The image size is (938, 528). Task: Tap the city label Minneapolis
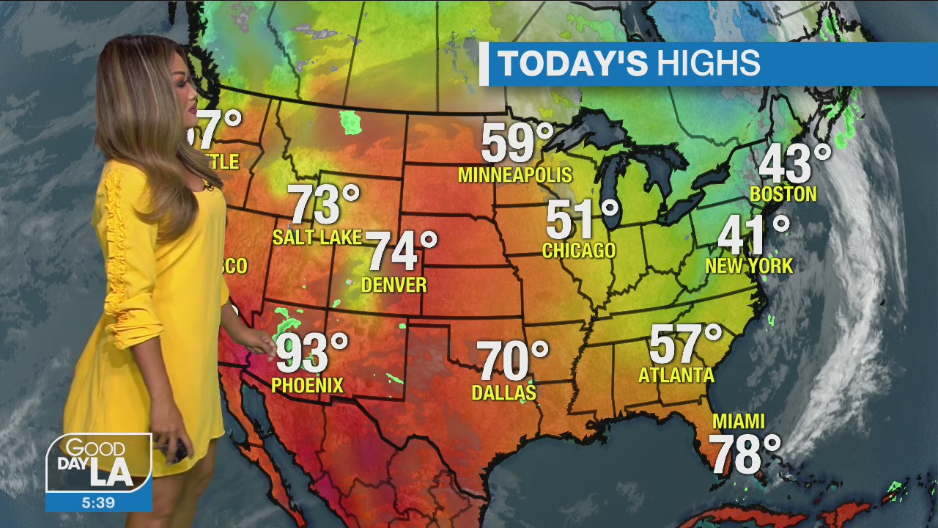(x=514, y=175)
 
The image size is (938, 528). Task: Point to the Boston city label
(x=783, y=194)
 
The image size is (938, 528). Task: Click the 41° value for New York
(x=753, y=236)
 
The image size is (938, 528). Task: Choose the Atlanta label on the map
(x=676, y=375)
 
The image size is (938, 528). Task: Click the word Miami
(x=739, y=422)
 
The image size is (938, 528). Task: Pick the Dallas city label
(x=503, y=393)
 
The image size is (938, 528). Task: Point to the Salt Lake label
(x=317, y=237)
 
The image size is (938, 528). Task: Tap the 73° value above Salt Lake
(x=323, y=205)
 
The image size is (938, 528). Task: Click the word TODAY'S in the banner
(x=573, y=64)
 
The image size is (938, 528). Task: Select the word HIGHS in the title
(x=708, y=64)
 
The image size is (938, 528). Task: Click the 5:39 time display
(x=98, y=502)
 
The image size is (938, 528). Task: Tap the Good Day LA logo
(x=99, y=463)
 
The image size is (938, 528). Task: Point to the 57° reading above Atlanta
(x=685, y=344)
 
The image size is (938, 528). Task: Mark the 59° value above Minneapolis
(x=517, y=144)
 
